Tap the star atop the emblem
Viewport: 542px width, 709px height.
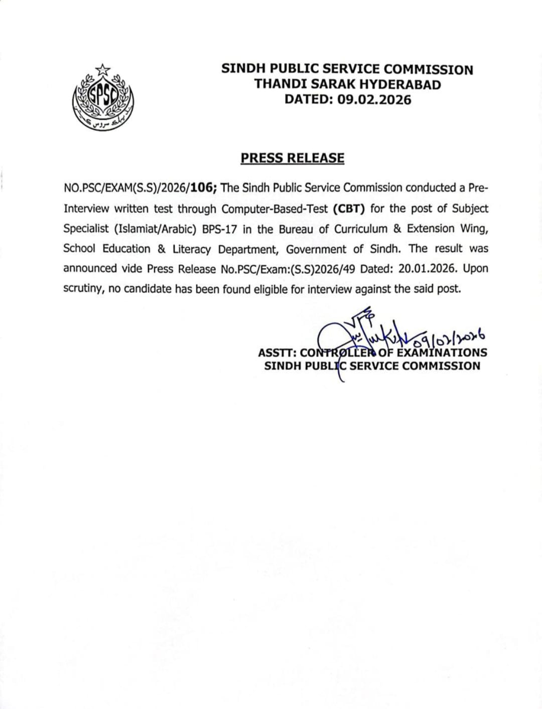[103, 69]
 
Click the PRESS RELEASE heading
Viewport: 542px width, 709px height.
[292, 158]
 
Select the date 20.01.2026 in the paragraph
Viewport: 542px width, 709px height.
[428, 268]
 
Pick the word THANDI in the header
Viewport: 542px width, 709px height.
[278, 84]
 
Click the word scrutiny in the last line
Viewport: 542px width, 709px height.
[83, 289]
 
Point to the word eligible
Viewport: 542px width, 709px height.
[281, 289]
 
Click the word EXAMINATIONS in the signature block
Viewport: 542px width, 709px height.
[442, 352]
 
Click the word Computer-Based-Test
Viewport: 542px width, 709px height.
[275, 209]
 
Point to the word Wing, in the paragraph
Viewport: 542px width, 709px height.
[475, 229]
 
